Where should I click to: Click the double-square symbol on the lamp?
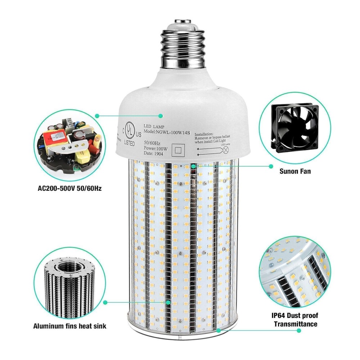tap(177, 149)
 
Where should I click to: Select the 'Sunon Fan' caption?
tap(295, 171)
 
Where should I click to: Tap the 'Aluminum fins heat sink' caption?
tap(70, 327)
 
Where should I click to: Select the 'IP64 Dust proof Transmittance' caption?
tap(295, 320)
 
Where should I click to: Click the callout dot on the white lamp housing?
tap(161, 116)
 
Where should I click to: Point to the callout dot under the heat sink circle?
tap(105, 303)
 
